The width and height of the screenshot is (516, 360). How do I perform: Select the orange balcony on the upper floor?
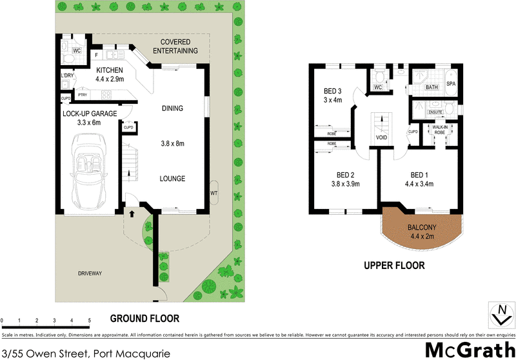[422, 231]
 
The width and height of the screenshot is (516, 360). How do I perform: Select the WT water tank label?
[213, 193]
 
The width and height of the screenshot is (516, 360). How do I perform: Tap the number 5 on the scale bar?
[89, 320]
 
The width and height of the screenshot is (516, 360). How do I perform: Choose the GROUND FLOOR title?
[144, 318]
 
